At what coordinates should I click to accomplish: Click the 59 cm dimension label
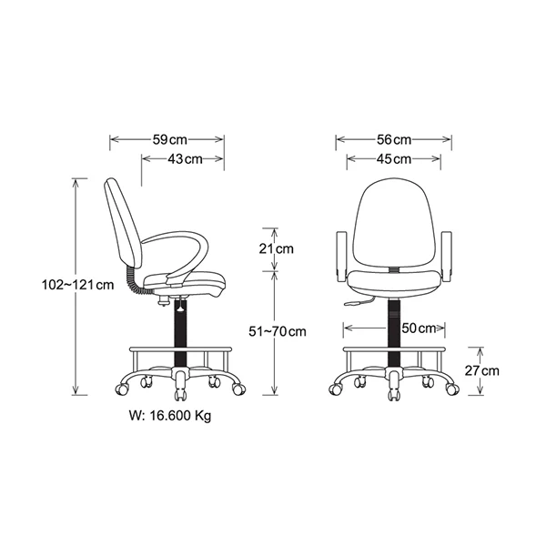click(x=170, y=140)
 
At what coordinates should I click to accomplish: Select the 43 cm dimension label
click(x=185, y=159)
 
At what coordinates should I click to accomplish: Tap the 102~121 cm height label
click(x=78, y=285)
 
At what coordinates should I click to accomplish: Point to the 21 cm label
click(x=276, y=249)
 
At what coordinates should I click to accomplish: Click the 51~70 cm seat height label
click(x=278, y=331)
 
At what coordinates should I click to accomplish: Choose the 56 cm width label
click(x=394, y=140)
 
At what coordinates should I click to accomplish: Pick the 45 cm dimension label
click(x=394, y=159)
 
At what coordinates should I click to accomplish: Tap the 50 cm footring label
click(x=419, y=328)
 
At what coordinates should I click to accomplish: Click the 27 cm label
click(x=482, y=371)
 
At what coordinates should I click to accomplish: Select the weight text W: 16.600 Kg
click(x=170, y=416)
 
